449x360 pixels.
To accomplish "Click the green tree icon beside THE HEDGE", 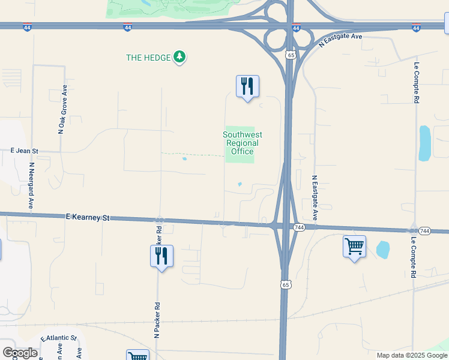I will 179,58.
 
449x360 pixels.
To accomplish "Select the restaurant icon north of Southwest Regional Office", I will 247,86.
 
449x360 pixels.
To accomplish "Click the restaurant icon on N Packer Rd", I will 161,256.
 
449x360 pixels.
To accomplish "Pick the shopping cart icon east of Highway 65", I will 354,246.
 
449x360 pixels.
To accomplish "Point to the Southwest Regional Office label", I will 242,143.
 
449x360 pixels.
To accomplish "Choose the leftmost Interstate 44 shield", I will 27,28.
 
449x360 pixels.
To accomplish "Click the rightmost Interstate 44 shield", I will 416,28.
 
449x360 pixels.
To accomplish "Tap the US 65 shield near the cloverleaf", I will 291,55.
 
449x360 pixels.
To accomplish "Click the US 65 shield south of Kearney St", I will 286,284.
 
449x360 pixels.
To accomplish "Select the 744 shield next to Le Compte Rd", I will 424,231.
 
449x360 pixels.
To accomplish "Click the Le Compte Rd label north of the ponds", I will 415,82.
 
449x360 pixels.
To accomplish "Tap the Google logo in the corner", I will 20,353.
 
